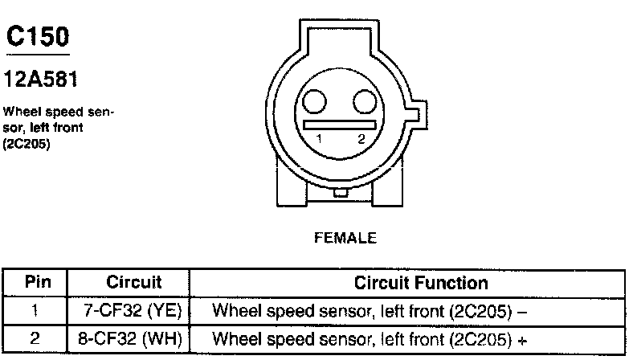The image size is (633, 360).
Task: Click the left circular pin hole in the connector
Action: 314,101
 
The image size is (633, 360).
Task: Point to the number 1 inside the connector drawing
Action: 319,139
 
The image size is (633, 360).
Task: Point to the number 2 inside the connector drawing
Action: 362,139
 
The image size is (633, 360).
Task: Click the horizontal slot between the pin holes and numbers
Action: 340,125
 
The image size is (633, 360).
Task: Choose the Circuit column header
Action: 134,283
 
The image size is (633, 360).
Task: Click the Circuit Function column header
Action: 421,283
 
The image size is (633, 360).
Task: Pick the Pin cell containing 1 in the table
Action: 35,309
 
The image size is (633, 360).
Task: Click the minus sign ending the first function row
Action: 523,309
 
